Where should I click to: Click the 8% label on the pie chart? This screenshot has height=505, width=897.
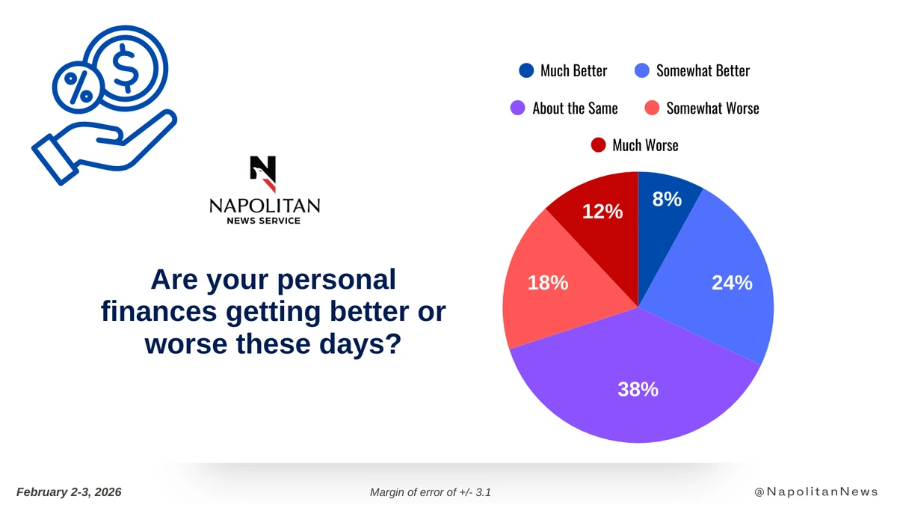667,199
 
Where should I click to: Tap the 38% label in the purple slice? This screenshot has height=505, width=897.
638,389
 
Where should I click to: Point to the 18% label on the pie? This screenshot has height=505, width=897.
548,283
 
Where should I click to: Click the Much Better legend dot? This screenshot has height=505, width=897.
526,70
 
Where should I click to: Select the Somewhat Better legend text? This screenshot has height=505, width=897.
703,71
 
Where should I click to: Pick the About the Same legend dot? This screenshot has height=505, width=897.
518,108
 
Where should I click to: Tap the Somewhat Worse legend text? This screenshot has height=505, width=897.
713,108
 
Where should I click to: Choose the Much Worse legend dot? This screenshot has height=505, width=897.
598,145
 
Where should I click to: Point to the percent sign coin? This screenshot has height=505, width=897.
78,88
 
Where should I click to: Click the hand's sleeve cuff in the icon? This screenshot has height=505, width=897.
55,160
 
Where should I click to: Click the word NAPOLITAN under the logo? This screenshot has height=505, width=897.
265,206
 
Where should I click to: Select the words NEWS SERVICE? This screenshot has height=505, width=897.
263,221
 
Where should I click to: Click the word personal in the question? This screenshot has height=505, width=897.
336,281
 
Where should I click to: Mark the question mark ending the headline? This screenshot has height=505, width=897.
394,343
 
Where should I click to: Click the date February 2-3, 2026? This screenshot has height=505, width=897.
69,492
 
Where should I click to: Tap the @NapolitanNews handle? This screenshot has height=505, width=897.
816,492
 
